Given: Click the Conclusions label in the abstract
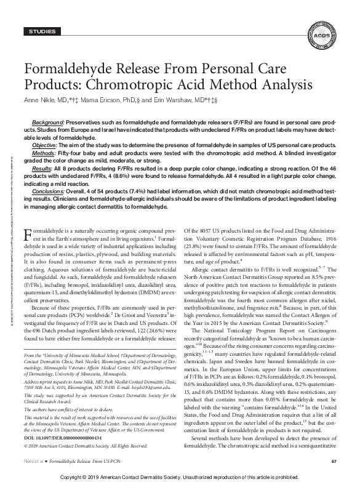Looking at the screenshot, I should point(52,190).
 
